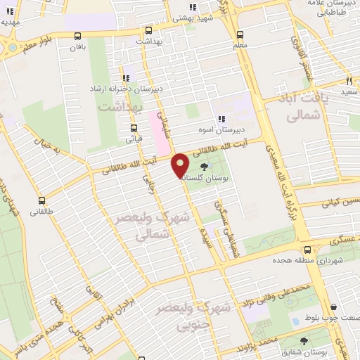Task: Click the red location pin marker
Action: click(180, 165)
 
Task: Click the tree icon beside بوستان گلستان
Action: click(204, 167)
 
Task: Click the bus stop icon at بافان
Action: click(77, 36)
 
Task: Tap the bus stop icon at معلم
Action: click(240, 34)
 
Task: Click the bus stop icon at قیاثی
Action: click(134, 128)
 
